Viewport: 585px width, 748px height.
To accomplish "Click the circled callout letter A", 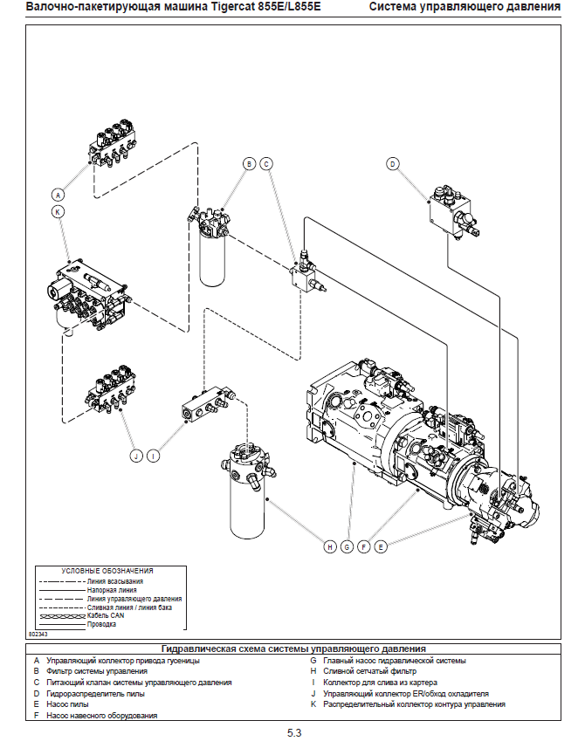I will (x=58, y=195).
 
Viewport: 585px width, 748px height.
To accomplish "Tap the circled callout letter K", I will (x=58, y=212).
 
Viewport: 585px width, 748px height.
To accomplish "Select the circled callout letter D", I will (x=393, y=164).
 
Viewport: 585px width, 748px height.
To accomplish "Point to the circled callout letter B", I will (x=249, y=163).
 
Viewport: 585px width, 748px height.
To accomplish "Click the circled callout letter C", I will (x=267, y=163).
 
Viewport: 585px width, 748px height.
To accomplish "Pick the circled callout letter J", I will (x=136, y=456).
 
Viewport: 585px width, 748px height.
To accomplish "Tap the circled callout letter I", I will (x=154, y=456).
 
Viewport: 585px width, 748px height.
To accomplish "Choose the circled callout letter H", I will (x=330, y=547).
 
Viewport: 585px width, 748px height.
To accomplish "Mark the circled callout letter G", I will (x=347, y=547).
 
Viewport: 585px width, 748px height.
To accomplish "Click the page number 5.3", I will (x=293, y=733).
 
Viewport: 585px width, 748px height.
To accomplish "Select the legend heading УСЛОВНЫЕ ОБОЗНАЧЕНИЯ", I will (x=107, y=571).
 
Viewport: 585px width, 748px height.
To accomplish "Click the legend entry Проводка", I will (x=102, y=624).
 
